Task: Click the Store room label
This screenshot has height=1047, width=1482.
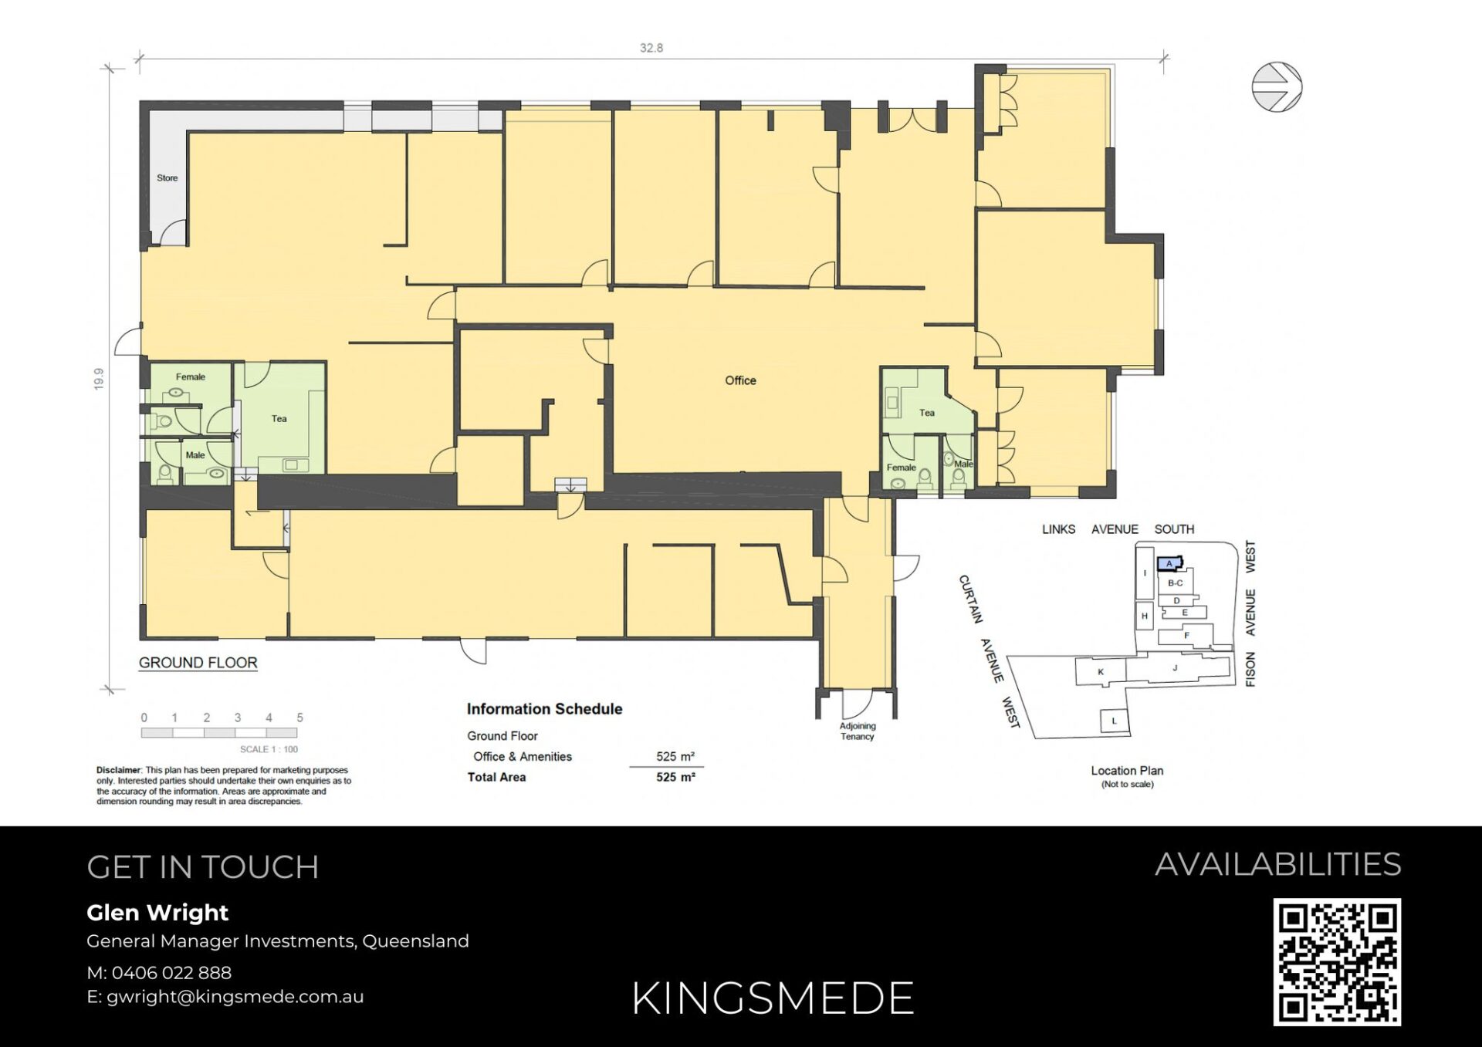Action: pos(167,178)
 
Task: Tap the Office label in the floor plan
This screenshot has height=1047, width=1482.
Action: pos(740,380)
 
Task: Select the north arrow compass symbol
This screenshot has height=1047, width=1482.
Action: pos(1277,87)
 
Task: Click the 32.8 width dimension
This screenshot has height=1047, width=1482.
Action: pos(651,48)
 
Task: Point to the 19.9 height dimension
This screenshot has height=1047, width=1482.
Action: pos(99,379)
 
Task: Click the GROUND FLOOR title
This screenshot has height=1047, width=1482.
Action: pos(198,663)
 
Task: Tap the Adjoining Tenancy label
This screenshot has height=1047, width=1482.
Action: pos(858,731)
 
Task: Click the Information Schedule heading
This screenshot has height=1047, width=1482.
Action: pos(544,709)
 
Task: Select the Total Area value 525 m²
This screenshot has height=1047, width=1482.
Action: pos(675,777)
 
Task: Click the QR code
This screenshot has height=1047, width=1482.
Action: pos(1337,962)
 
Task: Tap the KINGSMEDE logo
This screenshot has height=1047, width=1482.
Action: pos(773,998)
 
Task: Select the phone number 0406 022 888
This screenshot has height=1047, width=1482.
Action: pos(171,973)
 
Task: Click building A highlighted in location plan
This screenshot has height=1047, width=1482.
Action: pos(1169,563)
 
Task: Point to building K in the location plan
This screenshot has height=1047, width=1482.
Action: pos(1101,672)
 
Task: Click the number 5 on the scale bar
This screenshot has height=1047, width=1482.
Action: pos(299,718)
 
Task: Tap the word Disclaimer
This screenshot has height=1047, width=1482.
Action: pos(118,770)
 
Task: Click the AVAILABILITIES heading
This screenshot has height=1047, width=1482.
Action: pos(1278,864)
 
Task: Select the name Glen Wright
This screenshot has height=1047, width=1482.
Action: pos(157,913)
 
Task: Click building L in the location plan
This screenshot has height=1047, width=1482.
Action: pos(1114,721)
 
